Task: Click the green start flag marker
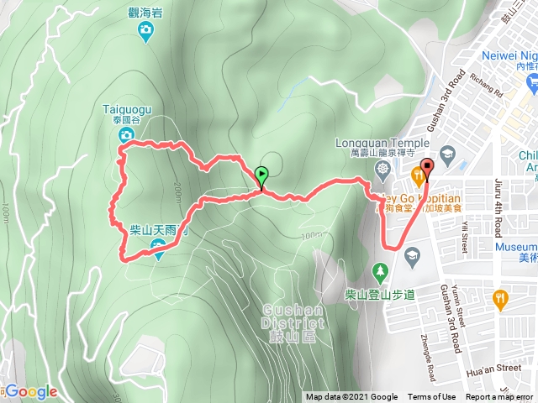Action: pyautogui.click(x=261, y=177)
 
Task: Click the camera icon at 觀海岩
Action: pyautogui.click(x=147, y=32)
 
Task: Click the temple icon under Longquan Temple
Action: pyautogui.click(x=383, y=169)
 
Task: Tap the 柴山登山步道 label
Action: pyautogui.click(x=380, y=295)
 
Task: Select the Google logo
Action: pyautogui.click(x=31, y=391)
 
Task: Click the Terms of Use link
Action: pyautogui.click(x=432, y=397)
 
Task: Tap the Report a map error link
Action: pyautogui.click(x=499, y=397)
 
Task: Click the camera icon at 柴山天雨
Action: pyautogui.click(x=157, y=245)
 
